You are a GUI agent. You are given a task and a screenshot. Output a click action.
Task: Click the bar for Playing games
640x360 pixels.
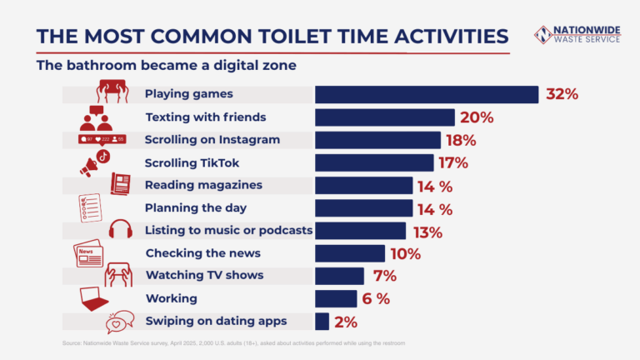(x=426, y=94)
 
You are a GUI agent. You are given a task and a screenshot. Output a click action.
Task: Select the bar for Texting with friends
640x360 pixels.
(x=384, y=117)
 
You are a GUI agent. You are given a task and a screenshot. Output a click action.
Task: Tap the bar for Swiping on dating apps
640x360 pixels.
(x=322, y=321)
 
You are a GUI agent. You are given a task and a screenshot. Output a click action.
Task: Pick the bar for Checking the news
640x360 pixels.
(x=349, y=253)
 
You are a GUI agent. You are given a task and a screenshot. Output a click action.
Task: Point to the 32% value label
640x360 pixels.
(x=562, y=94)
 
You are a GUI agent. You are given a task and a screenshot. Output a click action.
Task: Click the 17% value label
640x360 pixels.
(x=451, y=162)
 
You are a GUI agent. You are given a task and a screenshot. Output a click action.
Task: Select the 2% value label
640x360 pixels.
(x=344, y=322)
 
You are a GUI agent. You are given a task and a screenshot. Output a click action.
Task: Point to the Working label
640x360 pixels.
(x=171, y=298)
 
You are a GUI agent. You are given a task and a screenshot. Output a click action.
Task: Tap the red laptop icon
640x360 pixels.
(x=93, y=297)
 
